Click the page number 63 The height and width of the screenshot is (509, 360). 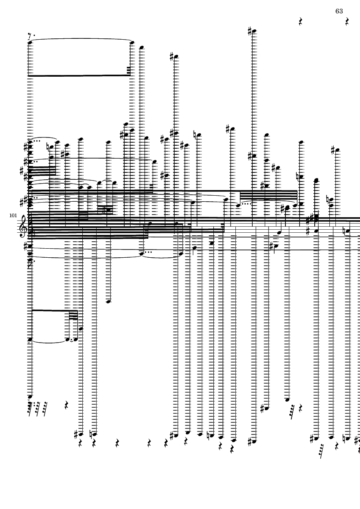pos(339,11)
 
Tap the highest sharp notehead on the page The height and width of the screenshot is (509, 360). pos(254,31)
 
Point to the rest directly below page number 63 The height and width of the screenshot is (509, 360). pos(347,21)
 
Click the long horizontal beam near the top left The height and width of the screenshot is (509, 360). pos(80,75)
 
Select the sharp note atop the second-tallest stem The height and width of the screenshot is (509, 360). pos(175,57)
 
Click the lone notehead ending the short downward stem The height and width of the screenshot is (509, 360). pos(109,301)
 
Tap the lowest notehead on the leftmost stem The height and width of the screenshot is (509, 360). pos(30,396)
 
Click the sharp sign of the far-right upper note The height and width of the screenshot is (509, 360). pos(333,150)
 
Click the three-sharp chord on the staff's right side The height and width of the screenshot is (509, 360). pos(316,219)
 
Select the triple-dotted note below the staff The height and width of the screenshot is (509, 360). pos(142,254)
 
